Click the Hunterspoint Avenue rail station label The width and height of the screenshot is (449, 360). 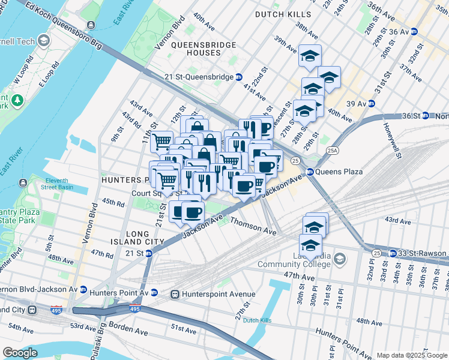pos(218,294)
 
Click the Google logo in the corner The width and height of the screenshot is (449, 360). pos(20,353)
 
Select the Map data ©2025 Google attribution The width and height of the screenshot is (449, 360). pos(412,355)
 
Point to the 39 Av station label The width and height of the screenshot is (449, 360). pos(357,103)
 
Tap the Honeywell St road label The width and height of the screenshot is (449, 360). pos(391,142)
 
